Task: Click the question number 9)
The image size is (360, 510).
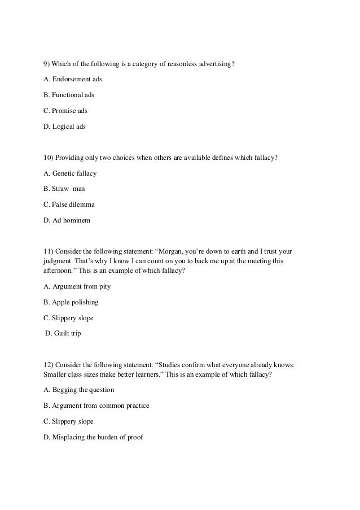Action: click(47, 63)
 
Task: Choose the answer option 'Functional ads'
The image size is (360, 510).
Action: click(69, 95)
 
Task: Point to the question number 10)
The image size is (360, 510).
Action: click(49, 158)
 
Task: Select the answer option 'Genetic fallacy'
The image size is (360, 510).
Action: click(70, 173)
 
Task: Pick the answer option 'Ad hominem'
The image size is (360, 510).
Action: click(66, 221)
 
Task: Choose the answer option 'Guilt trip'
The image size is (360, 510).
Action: click(64, 334)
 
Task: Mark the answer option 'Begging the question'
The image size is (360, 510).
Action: click(78, 390)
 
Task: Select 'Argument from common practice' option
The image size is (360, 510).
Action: click(96, 406)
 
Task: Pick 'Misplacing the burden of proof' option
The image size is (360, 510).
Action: click(93, 437)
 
